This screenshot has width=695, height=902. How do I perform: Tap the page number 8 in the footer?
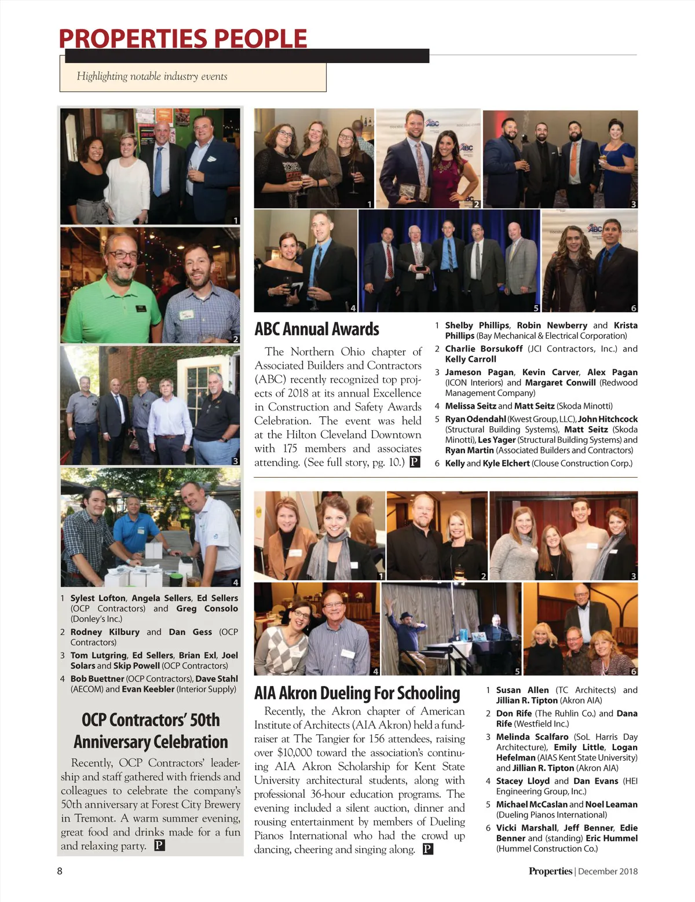[x=60, y=871]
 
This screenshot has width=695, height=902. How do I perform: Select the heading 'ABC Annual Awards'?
[x=317, y=329]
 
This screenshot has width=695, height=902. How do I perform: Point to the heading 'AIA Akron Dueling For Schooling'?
[x=357, y=693]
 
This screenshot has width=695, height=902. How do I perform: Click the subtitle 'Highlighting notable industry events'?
[x=152, y=76]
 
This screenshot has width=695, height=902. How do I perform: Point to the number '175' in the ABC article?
[x=290, y=449]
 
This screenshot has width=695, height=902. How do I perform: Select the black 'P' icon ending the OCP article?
[x=159, y=845]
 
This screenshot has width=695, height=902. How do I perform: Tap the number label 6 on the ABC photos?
[x=633, y=308]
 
